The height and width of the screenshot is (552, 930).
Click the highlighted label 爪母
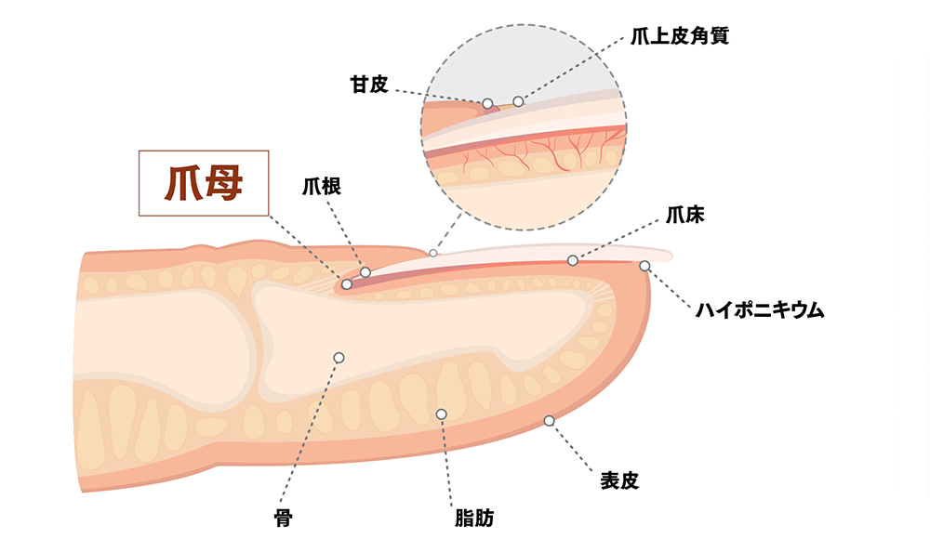click(x=203, y=183)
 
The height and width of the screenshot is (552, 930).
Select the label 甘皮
click(x=368, y=85)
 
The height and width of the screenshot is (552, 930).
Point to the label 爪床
click(x=684, y=216)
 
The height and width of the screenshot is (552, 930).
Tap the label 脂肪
click(x=473, y=518)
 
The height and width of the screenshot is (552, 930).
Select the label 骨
click(x=284, y=518)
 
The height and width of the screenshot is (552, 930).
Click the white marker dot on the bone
click(x=339, y=358)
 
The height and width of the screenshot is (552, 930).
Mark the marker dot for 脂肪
click(x=441, y=414)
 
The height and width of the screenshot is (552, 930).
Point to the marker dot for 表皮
click(x=549, y=421)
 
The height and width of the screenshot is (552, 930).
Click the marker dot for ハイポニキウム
click(x=644, y=266)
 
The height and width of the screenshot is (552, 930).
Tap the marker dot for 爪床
click(x=573, y=260)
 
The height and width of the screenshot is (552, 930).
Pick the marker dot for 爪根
click(x=365, y=272)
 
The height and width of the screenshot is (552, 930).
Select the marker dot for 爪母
click(x=346, y=284)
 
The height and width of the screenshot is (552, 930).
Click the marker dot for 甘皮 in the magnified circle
click(x=487, y=103)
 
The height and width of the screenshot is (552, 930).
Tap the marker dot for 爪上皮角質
click(x=519, y=100)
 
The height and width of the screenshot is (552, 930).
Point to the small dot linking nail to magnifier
click(x=432, y=253)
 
